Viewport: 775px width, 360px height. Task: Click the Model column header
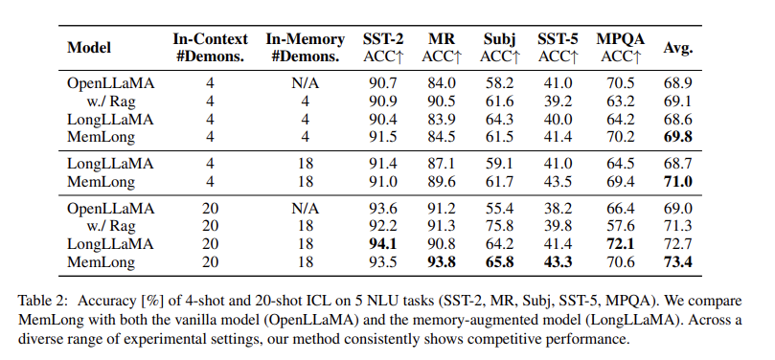click(x=89, y=47)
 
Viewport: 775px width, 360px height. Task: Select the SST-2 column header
click(x=383, y=39)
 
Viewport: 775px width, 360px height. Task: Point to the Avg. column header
click(x=678, y=47)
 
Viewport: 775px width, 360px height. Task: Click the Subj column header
click(x=498, y=39)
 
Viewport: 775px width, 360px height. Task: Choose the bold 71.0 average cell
click(x=678, y=181)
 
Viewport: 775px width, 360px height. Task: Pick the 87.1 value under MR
click(x=441, y=165)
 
